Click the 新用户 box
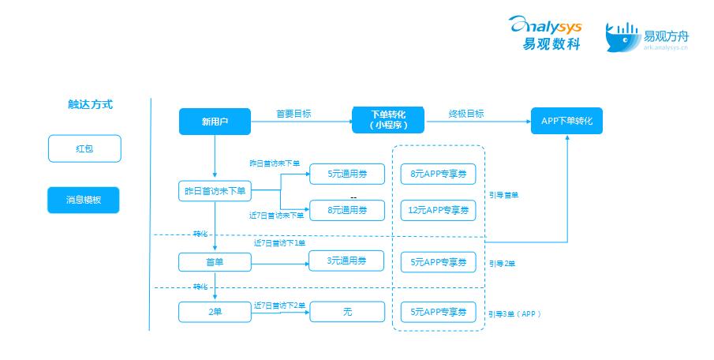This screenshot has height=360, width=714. [215, 122]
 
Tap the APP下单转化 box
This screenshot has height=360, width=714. [566, 121]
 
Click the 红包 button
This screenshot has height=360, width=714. [84, 148]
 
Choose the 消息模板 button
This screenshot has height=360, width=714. [84, 201]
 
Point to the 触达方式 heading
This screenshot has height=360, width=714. [90, 103]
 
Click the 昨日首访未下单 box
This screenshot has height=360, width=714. [215, 190]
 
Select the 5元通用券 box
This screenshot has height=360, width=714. [347, 174]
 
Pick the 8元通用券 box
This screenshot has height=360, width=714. [347, 210]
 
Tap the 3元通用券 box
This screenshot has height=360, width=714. [347, 261]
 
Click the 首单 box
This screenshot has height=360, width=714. [215, 261]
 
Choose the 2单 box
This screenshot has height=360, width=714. [215, 312]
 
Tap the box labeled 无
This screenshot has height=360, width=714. [347, 312]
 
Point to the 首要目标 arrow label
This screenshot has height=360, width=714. [293, 114]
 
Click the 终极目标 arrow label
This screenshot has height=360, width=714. [466, 114]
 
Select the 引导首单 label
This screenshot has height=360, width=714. [503, 194]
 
